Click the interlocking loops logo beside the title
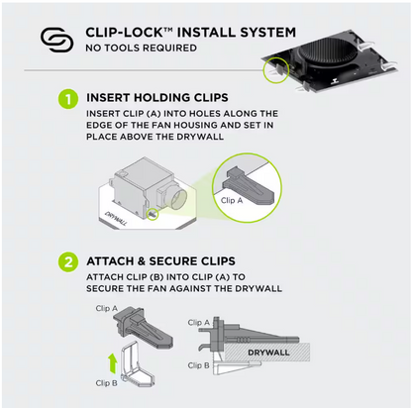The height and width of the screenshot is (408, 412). click(x=56, y=39)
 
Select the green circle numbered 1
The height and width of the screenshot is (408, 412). click(x=67, y=99)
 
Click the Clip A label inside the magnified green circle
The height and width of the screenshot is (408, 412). click(x=229, y=199)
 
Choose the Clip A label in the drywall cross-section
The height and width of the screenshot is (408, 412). click(x=199, y=322)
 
